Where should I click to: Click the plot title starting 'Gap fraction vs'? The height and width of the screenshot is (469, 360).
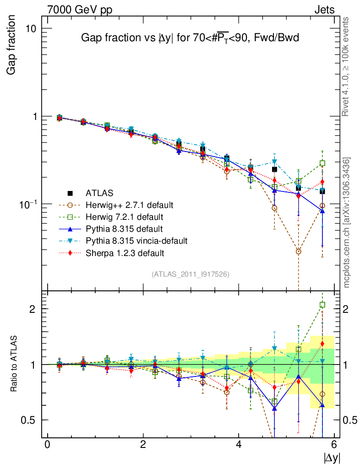point(190,38)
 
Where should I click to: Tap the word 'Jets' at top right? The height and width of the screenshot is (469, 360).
point(324,10)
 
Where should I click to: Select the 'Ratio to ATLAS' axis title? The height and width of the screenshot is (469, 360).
point(14,364)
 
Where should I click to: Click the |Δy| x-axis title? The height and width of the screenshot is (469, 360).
point(331,457)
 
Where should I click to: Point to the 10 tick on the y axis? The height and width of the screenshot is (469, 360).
point(30,28)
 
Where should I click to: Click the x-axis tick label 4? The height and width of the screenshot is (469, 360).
point(239,445)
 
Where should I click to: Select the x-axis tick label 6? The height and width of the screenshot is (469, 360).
point(334,445)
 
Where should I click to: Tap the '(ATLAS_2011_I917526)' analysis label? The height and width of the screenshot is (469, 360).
point(191,274)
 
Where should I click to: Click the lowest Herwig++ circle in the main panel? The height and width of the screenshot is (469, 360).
point(299,251)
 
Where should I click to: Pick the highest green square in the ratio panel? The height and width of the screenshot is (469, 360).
point(322,305)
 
